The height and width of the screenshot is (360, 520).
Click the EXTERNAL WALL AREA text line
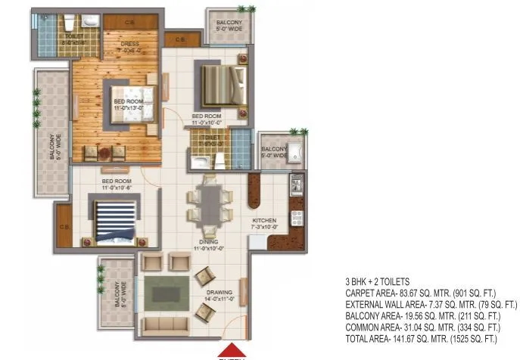pos(431,304)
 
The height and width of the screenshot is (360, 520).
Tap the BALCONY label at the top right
pos(229,23)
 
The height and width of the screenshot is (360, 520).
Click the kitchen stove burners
pos(297,219)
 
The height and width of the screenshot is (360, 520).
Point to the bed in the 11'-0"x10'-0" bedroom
pos(223,84)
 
